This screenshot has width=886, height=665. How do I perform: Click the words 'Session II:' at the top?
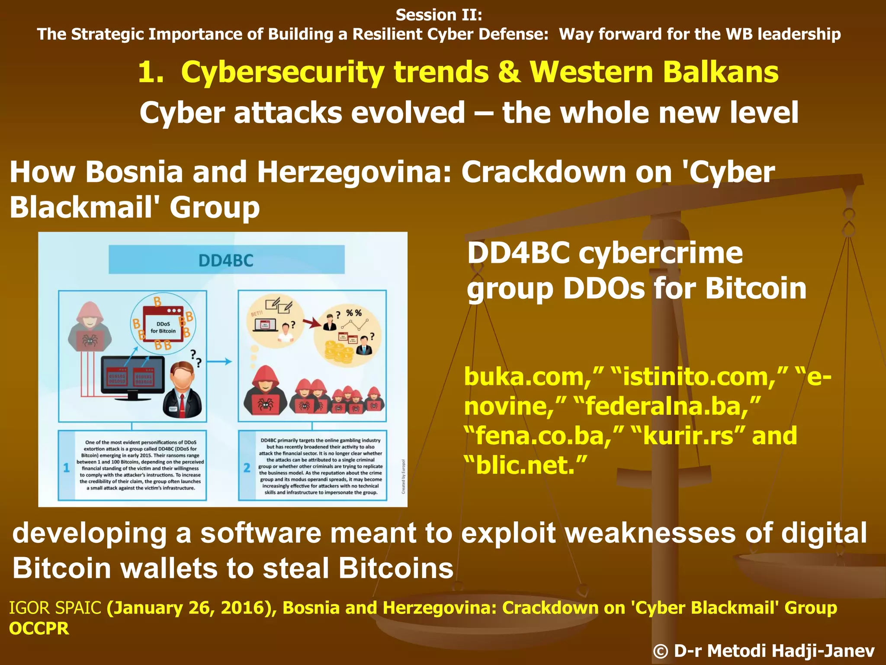pyautogui.click(x=439, y=15)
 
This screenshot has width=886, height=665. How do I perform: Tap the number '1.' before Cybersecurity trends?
pyautogui.click(x=151, y=72)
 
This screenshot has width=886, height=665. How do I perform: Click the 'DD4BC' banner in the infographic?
pyautogui.click(x=226, y=260)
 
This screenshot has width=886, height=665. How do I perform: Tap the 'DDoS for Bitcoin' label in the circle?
pyautogui.click(x=163, y=327)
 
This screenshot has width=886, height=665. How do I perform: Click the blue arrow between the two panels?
pyautogui.click(x=222, y=362)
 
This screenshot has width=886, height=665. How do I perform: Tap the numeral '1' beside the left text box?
pyautogui.click(x=67, y=468)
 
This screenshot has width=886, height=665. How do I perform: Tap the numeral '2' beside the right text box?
pyautogui.click(x=247, y=468)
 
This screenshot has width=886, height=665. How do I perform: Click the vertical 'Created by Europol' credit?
pyautogui.click(x=403, y=476)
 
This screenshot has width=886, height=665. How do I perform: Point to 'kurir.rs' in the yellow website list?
pyautogui.click(x=688, y=436)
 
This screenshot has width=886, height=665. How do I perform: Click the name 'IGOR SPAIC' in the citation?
pyautogui.click(x=55, y=608)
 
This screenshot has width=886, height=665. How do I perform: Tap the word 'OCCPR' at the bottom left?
pyautogui.click(x=39, y=629)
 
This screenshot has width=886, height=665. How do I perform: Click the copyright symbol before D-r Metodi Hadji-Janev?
pyautogui.click(x=660, y=651)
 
